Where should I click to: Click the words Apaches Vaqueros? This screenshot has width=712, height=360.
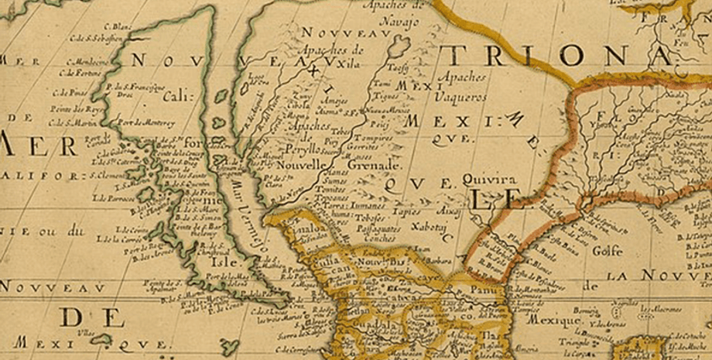click(462, 87)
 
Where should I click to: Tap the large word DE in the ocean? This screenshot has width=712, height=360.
click(92, 317)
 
